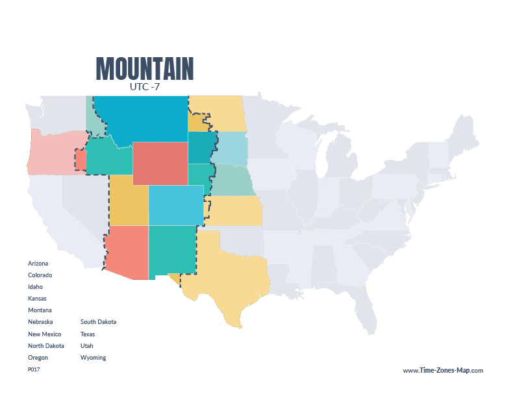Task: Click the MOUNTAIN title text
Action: (x=144, y=68)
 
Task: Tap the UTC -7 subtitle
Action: (x=145, y=86)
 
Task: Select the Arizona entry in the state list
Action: (x=38, y=264)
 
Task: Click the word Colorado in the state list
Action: (x=40, y=275)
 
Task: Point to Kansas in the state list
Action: (x=37, y=299)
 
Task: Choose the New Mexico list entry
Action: (x=44, y=334)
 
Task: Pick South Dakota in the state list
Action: (x=98, y=322)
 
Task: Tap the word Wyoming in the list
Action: (x=93, y=357)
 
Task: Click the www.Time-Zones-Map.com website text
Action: (x=443, y=370)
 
